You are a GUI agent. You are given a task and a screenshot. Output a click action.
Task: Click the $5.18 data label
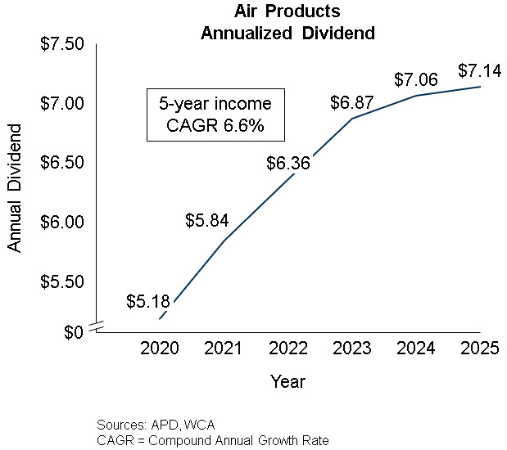click(x=148, y=301)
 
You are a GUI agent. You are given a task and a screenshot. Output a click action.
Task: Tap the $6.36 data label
click(x=288, y=163)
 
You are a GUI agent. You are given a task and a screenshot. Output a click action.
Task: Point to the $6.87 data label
click(x=352, y=103)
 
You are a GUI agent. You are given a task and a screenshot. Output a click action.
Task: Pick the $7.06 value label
click(x=416, y=79)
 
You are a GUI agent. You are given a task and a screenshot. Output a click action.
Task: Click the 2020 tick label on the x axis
click(x=161, y=349)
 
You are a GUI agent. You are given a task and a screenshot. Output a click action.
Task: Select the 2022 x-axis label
click(x=288, y=349)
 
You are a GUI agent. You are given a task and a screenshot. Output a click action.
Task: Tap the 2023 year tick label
click(x=352, y=349)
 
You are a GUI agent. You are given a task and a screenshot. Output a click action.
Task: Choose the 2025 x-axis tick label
click(x=480, y=349)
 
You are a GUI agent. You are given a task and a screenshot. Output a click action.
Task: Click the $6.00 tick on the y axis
click(x=62, y=223)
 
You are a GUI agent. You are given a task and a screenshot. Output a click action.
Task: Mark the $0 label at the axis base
click(x=73, y=331)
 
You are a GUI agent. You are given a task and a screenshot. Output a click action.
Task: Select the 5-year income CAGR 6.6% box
click(x=215, y=115)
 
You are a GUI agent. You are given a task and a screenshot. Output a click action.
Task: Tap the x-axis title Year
click(x=288, y=381)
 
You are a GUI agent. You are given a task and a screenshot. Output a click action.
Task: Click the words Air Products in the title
click(x=287, y=12)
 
